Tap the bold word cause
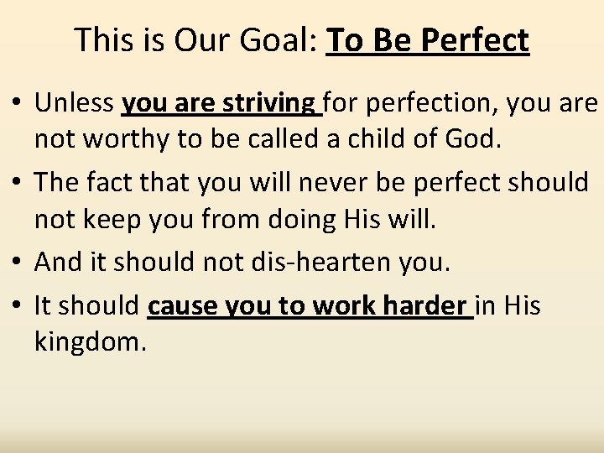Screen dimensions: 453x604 coord(185,307)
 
